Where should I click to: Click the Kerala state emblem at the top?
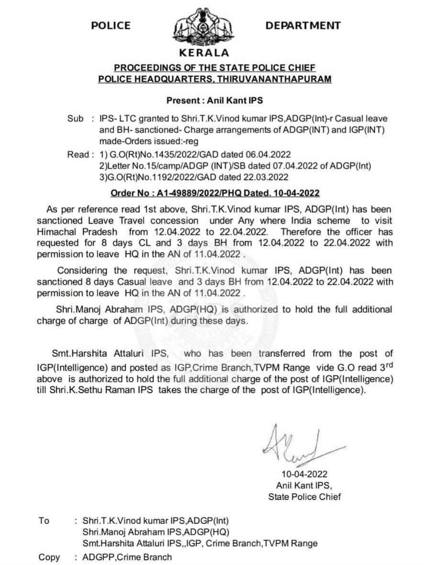[203, 28]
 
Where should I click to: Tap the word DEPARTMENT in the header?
[303, 26]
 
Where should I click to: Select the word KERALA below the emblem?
[204, 53]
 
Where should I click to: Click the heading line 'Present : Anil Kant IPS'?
[214, 101]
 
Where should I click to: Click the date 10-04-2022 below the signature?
[304, 474]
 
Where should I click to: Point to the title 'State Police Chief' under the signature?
[304, 497]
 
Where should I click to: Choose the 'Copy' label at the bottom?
[49, 557]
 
